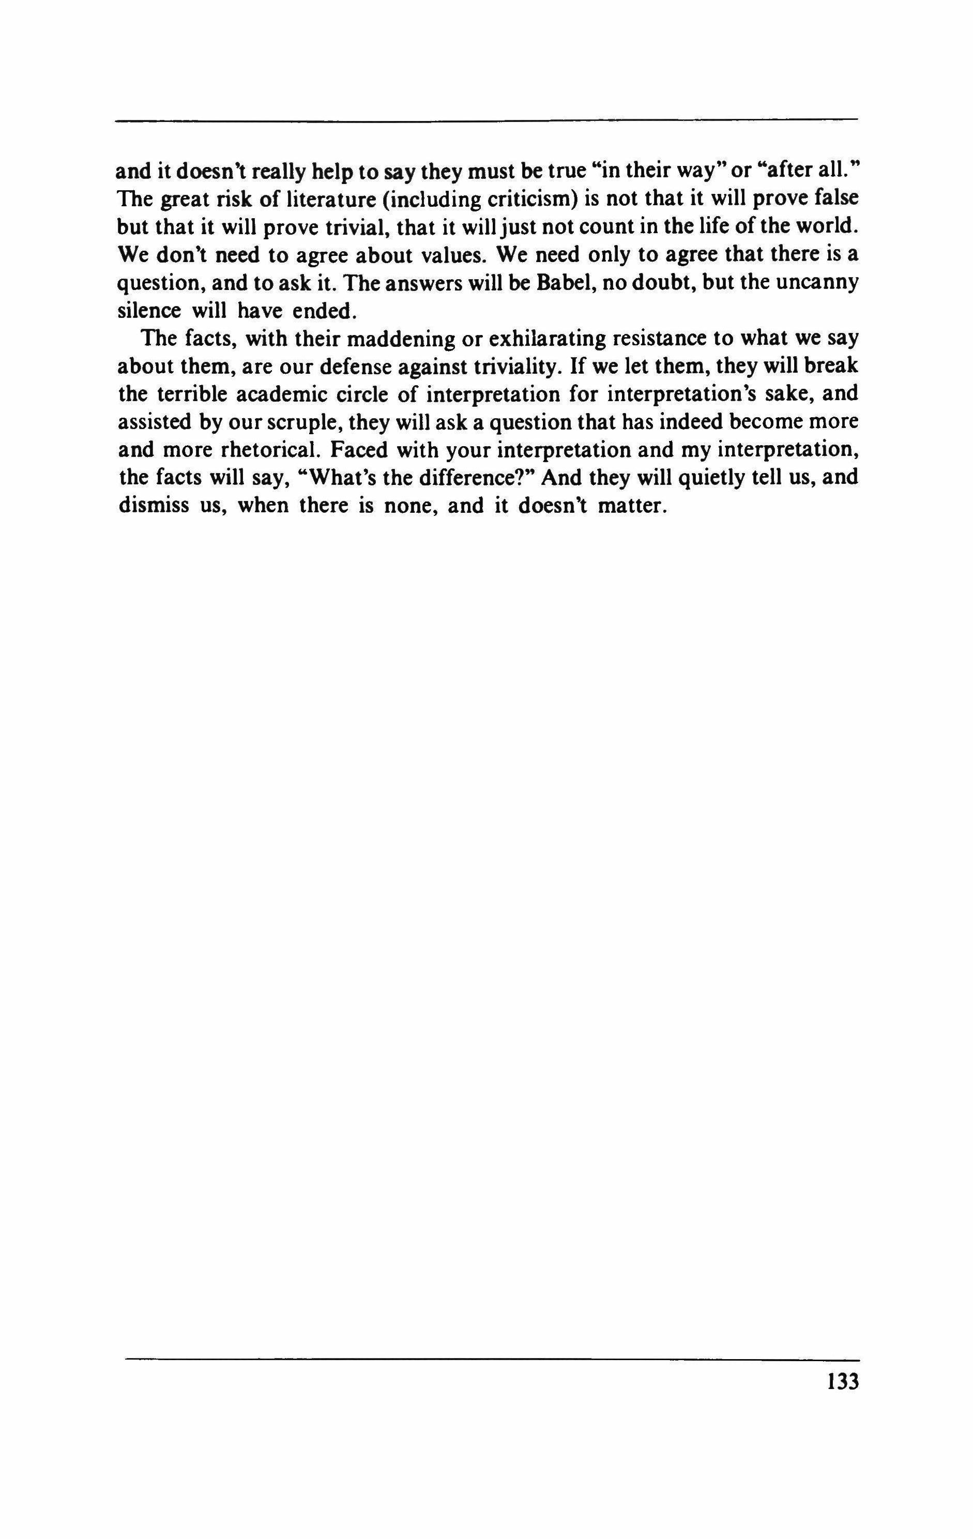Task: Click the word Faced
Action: (x=363, y=449)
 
